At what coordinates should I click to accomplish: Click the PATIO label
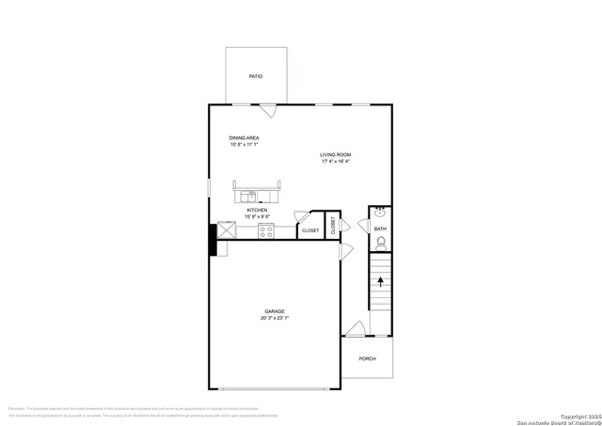pos(255,76)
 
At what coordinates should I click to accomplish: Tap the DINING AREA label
pos(244,138)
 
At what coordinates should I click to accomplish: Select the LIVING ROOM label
pos(335,154)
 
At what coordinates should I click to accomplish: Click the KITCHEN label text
pos(257,210)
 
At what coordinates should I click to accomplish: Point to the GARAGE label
pos(275,311)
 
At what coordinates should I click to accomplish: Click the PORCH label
pos(367,358)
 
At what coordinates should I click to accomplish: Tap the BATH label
pos(380,229)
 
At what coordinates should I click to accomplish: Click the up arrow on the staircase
pos(380,278)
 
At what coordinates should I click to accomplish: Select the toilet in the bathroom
pos(380,244)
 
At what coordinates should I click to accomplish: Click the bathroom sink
pos(380,212)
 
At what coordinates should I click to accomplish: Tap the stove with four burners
pos(266,230)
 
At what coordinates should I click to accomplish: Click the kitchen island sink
pos(250,196)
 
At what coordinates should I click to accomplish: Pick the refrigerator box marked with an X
pos(227,229)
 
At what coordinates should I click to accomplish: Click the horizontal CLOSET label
pos(310,230)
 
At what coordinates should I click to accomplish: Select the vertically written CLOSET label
pos(332,225)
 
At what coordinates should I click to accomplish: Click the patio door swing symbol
pos(268,109)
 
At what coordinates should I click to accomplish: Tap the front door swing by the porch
pos(356,328)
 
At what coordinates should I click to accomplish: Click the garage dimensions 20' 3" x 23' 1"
pos(275,319)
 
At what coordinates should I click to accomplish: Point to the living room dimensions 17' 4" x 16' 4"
pos(335,162)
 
